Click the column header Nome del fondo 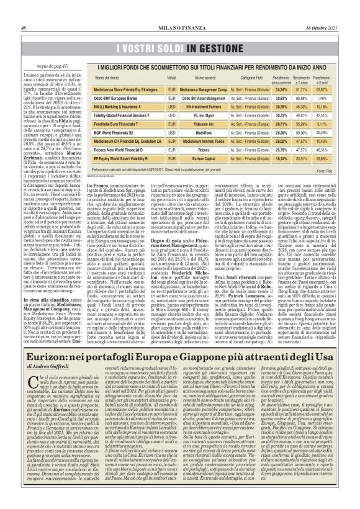click(x=112, y=77)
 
